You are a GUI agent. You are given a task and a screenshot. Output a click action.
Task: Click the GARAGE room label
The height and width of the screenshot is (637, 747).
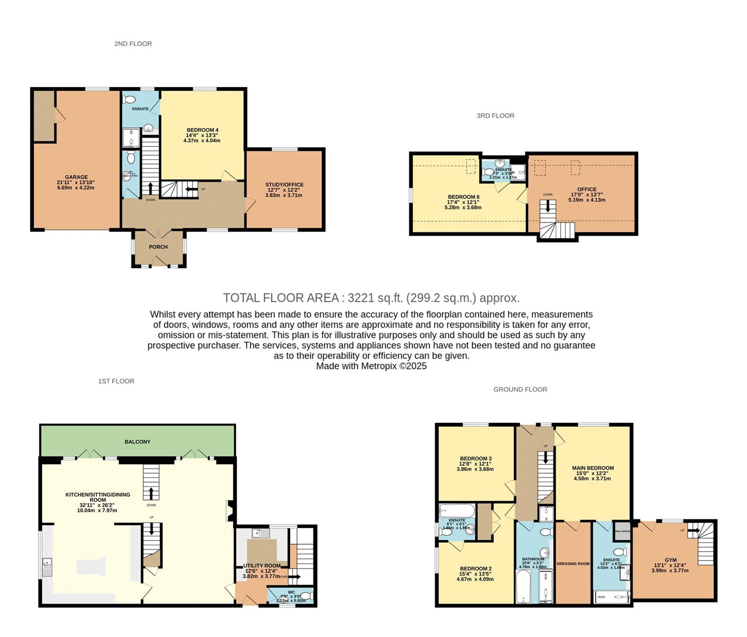click(76, 177)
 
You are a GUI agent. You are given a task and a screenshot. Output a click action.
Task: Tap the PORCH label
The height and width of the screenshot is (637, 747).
click(158, 247)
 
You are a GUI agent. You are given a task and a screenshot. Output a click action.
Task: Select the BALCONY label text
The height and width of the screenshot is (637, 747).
click(137, 442)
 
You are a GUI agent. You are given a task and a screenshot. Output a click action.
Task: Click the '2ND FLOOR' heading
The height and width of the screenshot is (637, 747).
click(133, 44)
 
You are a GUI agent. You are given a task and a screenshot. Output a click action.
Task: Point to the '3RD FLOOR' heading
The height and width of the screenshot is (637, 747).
click(495, 116)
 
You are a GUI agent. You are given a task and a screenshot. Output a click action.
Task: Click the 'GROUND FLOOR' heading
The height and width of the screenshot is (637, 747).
click(520, 389)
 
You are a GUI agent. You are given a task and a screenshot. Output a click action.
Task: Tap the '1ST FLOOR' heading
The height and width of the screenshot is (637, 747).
click(116, 381)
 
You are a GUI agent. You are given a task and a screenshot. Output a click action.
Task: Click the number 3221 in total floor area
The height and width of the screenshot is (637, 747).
click(361, 298)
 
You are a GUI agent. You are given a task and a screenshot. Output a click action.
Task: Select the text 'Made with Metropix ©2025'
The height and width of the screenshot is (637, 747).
click(371, 366)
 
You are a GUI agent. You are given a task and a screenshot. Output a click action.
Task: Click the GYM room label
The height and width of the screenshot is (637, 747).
click(670, 560)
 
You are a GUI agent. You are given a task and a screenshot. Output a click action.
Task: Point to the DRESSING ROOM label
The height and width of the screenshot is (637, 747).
click(573, 564)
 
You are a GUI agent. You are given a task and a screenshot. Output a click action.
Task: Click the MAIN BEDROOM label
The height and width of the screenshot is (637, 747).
click(593, 468)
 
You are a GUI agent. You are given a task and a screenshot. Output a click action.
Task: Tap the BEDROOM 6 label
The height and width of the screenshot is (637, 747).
click(464, 197)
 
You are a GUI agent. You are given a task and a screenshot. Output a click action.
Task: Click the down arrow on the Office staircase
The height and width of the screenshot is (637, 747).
click(548, 207)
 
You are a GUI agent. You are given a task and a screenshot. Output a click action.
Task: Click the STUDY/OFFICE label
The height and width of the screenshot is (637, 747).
click(284, 185)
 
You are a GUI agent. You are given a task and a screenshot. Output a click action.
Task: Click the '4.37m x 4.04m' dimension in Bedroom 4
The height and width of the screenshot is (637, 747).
click(202, 141)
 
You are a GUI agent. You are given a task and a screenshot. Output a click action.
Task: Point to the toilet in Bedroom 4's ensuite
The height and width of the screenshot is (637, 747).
click(129, 100)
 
